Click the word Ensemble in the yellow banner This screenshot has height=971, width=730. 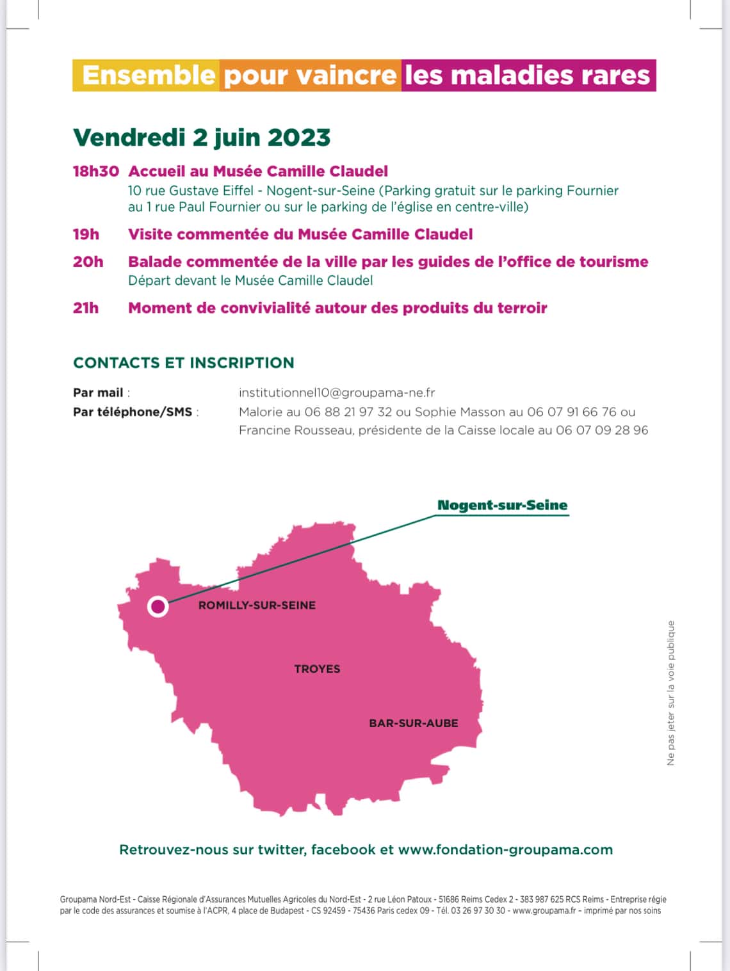click(148, 76)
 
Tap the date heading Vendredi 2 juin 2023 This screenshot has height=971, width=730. click(202, 138)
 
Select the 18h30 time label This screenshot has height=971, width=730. click(96, 172)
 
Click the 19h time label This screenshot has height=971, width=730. click(86, 234)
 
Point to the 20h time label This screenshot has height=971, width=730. click(88, 262)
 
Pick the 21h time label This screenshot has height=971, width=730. click(86, 308)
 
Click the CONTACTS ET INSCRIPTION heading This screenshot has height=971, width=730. click(184, 363)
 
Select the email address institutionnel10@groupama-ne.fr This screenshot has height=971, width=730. click(337, 393)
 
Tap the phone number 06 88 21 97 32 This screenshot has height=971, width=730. click(348, 412)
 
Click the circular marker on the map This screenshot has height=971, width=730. click(158, 606)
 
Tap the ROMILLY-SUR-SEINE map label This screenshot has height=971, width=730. click(257, 606)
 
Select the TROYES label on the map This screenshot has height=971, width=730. click(317, 669)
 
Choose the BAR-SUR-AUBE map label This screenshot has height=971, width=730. click(414, 723)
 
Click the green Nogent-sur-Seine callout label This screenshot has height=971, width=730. click(502, 505)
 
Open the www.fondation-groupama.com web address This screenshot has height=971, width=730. click(505, 850)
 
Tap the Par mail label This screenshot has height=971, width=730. click(98, 393)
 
